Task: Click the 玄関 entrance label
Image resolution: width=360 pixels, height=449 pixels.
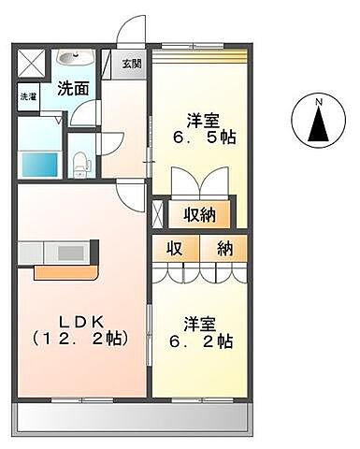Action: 132,64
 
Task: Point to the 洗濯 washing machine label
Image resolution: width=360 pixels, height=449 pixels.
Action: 27,96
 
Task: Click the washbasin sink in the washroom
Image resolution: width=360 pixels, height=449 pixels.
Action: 68,60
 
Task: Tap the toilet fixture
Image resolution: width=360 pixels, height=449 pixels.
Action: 82,162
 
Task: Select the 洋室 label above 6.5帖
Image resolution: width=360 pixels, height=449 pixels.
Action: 203,119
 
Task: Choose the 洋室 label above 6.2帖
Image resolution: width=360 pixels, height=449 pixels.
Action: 200,324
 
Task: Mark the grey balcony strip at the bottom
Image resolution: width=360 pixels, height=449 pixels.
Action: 131,414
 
